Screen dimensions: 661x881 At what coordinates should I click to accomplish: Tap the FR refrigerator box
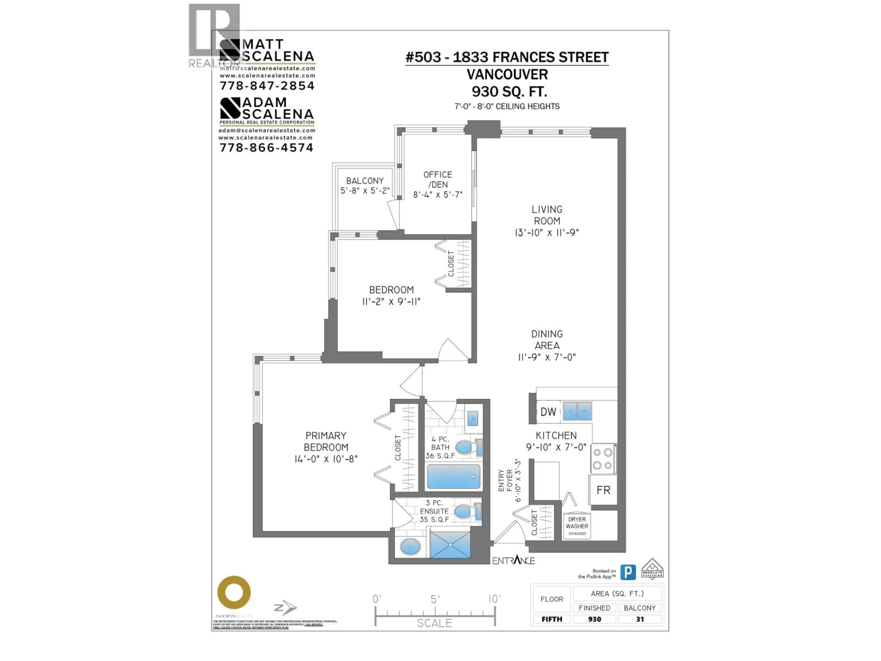click(x=603, y=490)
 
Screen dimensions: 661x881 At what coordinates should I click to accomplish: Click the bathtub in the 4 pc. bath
click(x=453, y=476)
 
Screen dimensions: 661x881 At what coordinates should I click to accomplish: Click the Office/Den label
click(x=438, y=179)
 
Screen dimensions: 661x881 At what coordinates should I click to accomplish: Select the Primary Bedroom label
click(x=326, y=441)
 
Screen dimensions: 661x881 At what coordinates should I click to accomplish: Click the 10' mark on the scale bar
click(x=494, y=599)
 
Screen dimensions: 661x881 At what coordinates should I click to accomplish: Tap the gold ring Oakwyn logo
click(x=234, y=592)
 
